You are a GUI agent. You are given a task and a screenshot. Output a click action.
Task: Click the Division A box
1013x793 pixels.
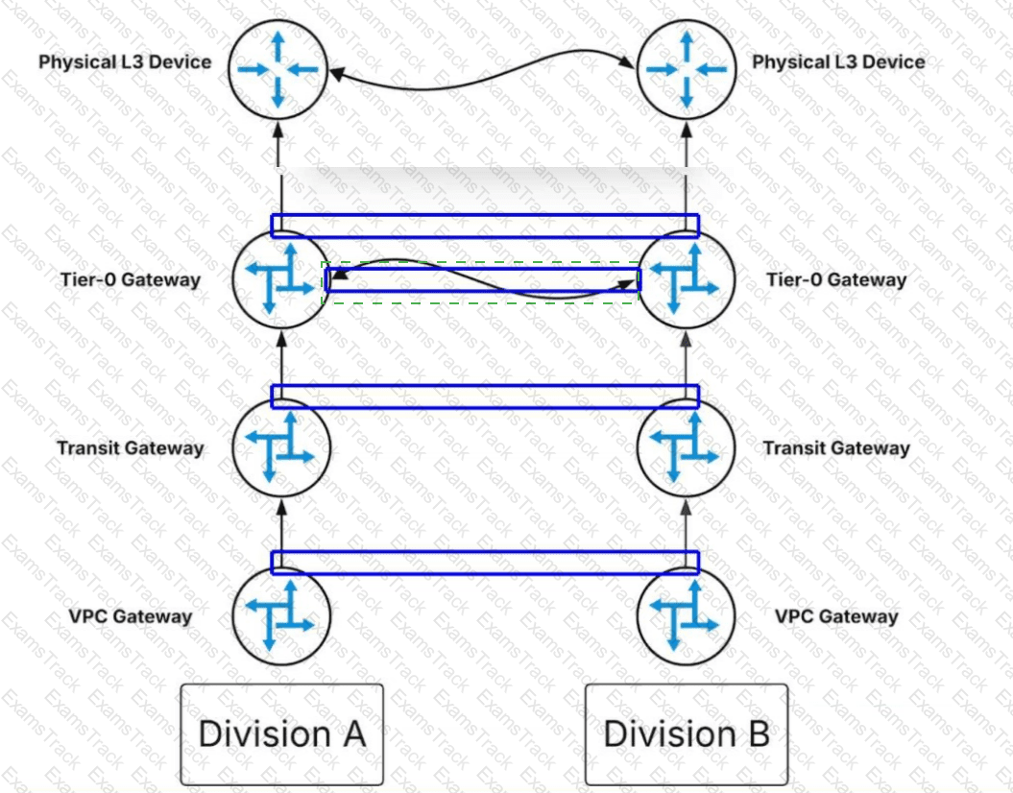click(281, 733)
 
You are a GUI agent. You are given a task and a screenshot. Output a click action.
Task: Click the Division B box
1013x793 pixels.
click(686, 733)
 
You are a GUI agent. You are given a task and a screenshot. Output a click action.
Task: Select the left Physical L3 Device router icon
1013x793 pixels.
click(278, 68)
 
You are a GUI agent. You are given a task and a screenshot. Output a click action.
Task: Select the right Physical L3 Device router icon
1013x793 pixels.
click(686, 68)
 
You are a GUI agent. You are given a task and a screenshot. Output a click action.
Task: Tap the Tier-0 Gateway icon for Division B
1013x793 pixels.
click(686, 279)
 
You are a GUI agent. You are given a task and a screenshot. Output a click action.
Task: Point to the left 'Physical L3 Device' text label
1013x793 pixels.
click(125, 62)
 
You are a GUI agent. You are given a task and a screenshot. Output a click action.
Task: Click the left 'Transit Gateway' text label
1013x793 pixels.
click(131, 448)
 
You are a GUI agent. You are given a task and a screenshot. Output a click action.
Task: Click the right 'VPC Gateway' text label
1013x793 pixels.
click(836, 616)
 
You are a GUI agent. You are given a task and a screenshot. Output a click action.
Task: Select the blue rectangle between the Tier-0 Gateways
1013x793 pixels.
click(482, 279)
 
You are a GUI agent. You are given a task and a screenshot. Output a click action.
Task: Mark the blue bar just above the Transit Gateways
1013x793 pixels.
click(485, 396)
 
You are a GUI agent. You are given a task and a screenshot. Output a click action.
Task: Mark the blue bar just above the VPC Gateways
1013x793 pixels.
click(485, 563)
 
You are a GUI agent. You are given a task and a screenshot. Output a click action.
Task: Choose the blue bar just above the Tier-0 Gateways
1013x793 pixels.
click(485, 226)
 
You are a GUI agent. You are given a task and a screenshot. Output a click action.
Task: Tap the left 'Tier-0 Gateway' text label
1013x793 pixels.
click(129, 280)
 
